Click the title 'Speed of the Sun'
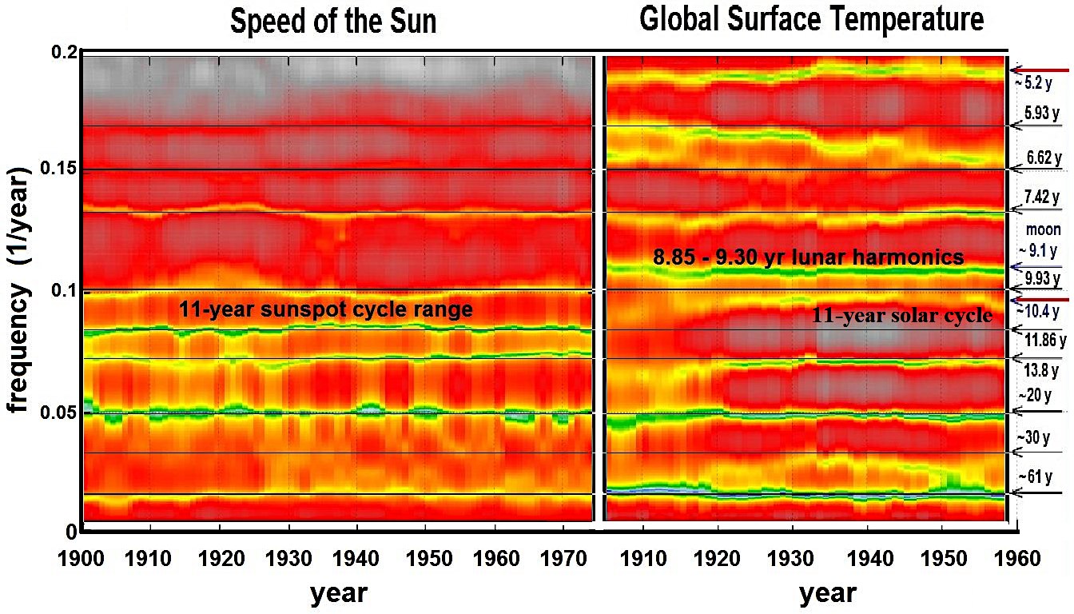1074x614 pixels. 333,22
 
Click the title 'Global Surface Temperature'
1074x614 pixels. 811,20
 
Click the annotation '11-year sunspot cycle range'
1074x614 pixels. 326,310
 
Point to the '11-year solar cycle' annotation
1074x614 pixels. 902,316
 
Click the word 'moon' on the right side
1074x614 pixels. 1044,230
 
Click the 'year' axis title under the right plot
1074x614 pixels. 827,593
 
